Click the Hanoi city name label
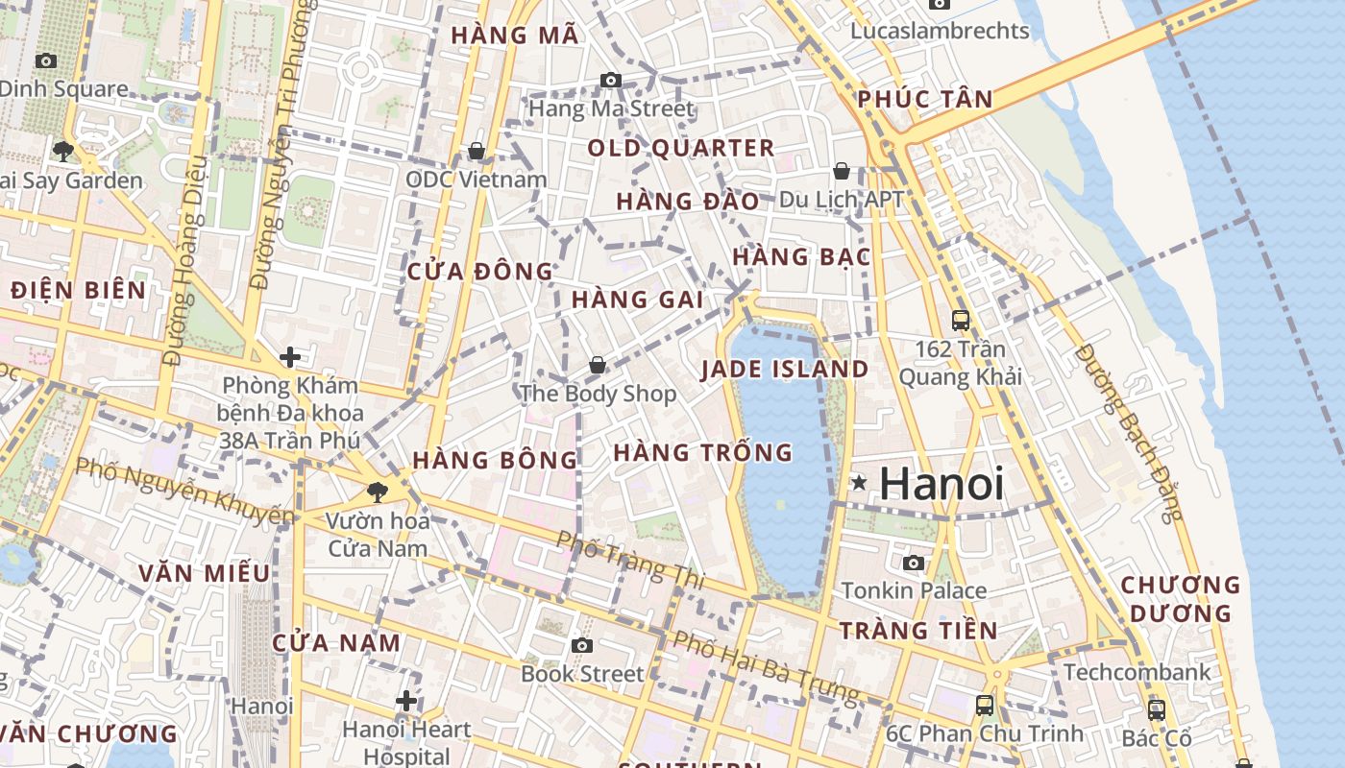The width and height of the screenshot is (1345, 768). tap(941, 484)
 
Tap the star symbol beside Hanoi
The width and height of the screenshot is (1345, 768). tap(859, 483)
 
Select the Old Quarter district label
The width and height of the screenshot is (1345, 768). tap(680, 148)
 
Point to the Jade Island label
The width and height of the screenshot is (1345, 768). tap(784, 370)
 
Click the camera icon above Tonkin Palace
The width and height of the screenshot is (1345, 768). tap(913, 563)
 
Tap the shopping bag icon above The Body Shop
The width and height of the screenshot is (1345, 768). tap(598, 365)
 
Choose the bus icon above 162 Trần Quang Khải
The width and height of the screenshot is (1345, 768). tap(960, 321)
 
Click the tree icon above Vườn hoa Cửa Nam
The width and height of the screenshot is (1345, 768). tap(378, 492)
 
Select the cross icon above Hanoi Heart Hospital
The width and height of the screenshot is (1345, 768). tap(406, 701)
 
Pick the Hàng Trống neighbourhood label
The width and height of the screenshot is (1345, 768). tap(703, 452)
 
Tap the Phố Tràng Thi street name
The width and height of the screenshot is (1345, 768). tap(630, 559)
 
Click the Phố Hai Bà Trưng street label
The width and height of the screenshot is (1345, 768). tap(766, 666)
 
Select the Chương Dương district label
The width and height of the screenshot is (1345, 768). tap(1181, 598)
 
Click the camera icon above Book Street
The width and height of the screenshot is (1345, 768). tap(581, 645)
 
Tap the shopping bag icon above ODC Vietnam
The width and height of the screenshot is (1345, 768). tap(476, 151)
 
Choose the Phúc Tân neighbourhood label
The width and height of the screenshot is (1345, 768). tap(924, 99)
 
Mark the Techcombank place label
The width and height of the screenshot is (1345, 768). tap(1137, 672)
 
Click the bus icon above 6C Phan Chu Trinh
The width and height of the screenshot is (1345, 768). tap(984, 706)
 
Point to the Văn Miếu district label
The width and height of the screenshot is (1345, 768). tap(204, 573)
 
